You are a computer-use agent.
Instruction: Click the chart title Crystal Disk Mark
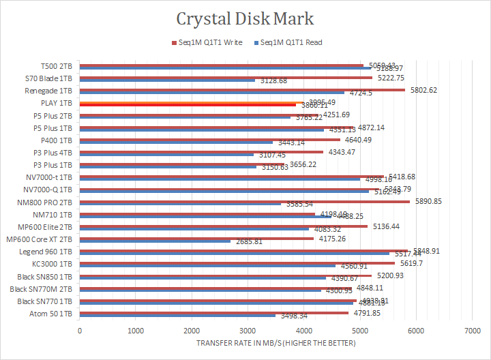pyautogui.click(x=245, y=18)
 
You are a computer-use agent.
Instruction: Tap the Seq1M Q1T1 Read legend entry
pyautogui.click(x=291, y=42)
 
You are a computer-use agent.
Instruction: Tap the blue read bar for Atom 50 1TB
pyautogui.click(x=177, y=316)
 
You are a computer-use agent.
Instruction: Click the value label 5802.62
pyautogui.click(x=423, y=90)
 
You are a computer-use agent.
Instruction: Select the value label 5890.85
pyautogui.click(x=428, y=201)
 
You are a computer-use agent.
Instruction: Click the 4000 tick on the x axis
pyautogui.click(x=303, y=331)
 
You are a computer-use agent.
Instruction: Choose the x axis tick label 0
pyautogui.click(x=80, y=331)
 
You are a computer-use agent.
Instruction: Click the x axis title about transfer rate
pyautogui.click(x=276, y=343)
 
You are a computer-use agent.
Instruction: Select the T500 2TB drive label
pyautogui.click(x=55, y=66)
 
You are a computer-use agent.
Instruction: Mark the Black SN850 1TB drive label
pyautogui.click(x=45, y=277)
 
